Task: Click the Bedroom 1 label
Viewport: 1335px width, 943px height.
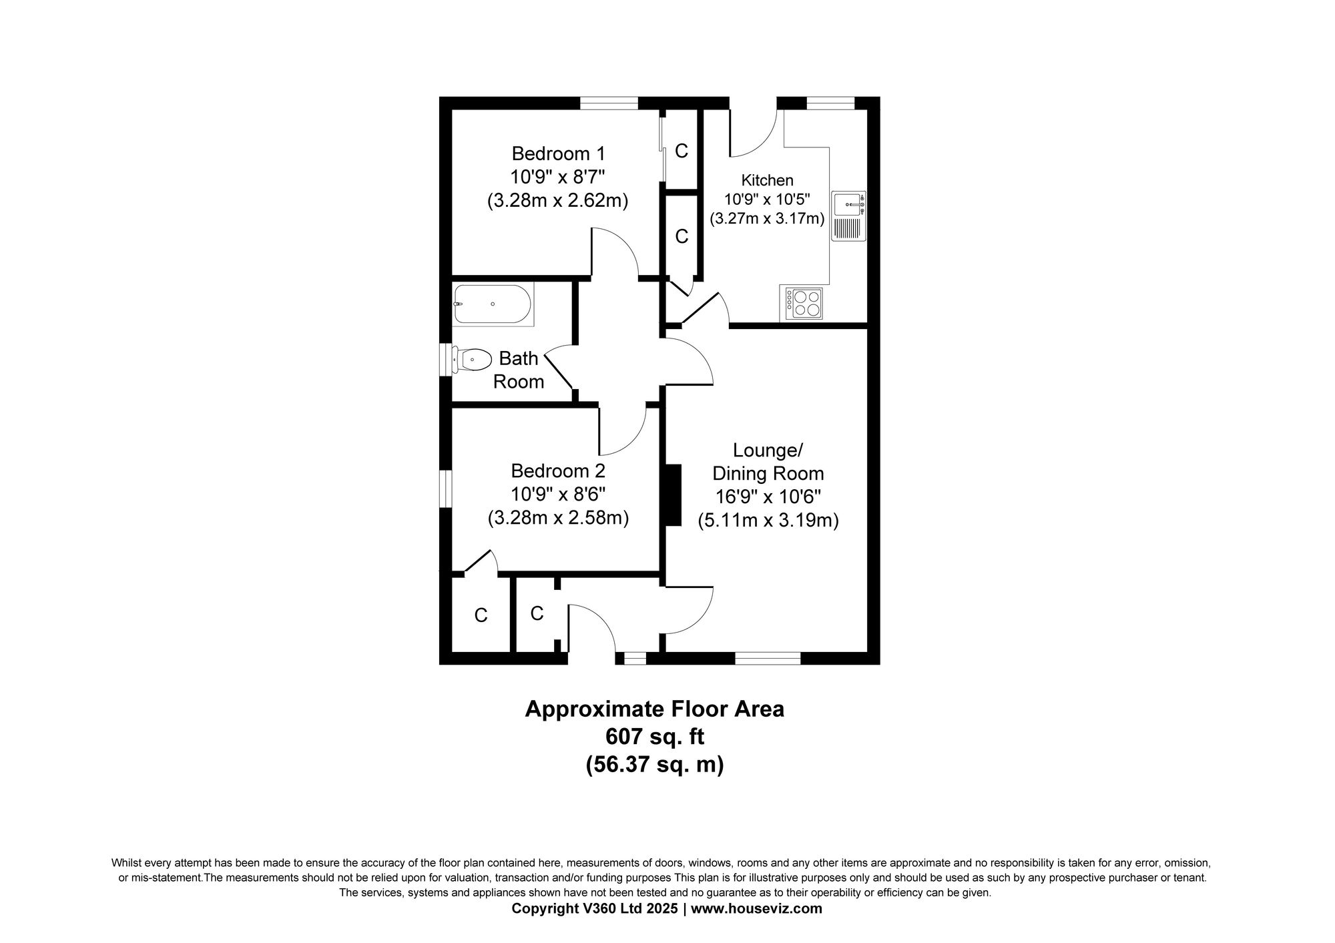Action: point(558,153)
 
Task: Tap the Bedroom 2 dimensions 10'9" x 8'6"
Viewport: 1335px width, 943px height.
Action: point(558,495)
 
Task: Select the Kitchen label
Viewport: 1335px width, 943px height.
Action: point(767,180)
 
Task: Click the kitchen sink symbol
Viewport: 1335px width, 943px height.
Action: point(848,216)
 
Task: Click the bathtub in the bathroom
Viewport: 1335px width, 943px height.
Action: point(493,305)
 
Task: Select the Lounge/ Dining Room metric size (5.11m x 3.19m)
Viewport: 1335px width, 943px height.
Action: point(768,520)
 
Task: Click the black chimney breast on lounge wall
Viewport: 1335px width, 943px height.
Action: point(673,495)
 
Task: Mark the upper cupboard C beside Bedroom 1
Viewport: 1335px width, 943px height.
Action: point(681,151)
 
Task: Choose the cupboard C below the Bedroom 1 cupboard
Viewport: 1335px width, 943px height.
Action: point(681,236)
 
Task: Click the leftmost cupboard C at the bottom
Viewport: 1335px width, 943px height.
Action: point(481,615)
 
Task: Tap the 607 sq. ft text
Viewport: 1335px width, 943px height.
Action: point(655,737)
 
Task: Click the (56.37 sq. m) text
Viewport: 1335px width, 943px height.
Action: point(655,764)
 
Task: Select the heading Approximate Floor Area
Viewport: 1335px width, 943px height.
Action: point(655,709)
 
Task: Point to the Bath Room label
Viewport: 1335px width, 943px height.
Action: point(519,370)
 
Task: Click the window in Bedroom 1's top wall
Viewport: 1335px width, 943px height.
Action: point(609,103)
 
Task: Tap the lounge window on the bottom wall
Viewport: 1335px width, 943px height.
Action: point(768,658)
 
